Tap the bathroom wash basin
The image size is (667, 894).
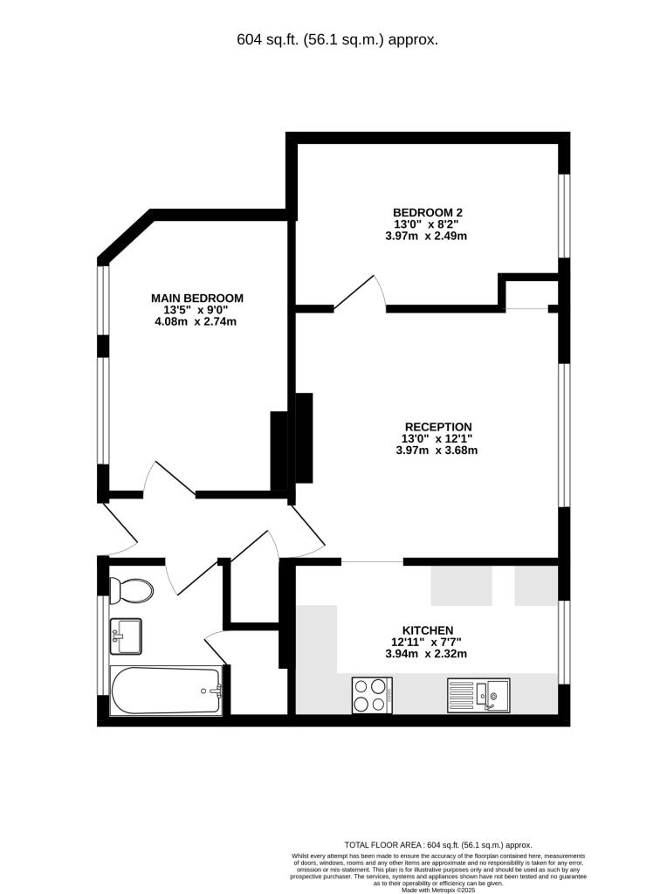125,635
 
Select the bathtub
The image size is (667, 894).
166,691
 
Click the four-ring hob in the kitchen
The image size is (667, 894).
372,695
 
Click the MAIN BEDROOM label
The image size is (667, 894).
197,298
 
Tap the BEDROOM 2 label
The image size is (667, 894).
427,212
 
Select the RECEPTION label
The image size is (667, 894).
437,427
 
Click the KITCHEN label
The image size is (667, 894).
427,630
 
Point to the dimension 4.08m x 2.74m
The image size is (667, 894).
197,321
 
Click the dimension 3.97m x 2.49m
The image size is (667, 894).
427,236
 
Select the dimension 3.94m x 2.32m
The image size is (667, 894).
427,654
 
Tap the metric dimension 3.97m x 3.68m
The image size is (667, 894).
437,450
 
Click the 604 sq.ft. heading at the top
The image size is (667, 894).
337,39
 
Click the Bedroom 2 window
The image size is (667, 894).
565,216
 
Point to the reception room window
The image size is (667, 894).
565,434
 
